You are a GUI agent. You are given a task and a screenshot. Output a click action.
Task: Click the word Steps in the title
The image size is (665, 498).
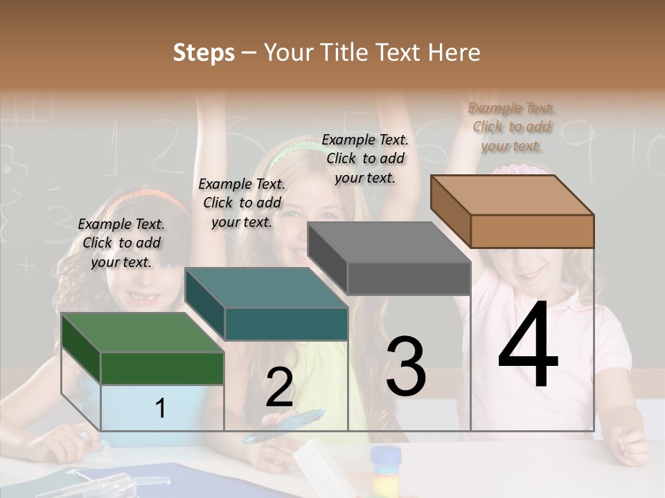pos(204,53)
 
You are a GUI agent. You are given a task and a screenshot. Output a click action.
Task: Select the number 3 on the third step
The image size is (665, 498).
pos(405,367)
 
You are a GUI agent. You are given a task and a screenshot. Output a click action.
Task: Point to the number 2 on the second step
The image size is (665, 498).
pos(279,387)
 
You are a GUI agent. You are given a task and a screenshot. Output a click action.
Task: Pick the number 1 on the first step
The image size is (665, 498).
pos(161,409)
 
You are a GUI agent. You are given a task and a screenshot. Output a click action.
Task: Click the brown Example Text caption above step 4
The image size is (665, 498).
pos(512,127)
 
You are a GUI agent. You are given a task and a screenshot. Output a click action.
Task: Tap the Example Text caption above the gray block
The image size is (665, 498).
pos(365,158)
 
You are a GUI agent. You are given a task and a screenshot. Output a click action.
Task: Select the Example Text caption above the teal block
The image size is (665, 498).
pos(242,203)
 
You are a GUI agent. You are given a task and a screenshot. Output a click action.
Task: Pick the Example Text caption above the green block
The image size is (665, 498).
pos(121,243)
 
